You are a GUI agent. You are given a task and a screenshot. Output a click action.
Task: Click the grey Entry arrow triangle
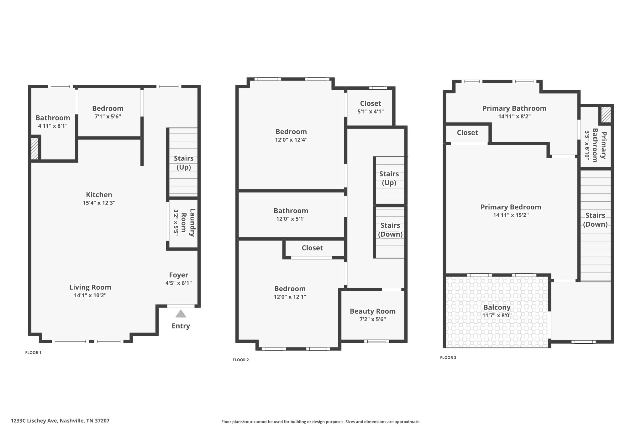(181, 314)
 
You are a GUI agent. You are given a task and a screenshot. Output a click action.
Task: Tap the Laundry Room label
(188, 223)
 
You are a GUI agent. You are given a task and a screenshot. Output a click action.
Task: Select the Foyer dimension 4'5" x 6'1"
(178, 283)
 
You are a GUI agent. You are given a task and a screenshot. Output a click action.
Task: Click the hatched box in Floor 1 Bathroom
(34, 149)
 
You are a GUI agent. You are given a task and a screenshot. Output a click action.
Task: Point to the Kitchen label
(99, 195)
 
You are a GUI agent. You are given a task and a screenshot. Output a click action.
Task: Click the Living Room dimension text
(90, 295)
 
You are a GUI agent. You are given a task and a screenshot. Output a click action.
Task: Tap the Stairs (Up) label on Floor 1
(184, 162)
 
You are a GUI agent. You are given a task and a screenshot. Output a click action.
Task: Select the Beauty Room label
(373, 311)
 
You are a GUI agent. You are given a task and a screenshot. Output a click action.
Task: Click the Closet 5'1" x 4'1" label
(371, 103)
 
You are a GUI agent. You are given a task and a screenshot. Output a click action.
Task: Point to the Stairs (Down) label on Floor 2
(390, 230)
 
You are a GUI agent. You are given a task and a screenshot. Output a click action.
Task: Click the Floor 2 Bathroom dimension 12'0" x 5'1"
(291, 219)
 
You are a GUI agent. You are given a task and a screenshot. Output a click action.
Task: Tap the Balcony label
(497, 308)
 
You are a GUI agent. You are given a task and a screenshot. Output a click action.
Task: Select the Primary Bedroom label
(511, 207)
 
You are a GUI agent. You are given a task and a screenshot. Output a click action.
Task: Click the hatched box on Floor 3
(606, 115)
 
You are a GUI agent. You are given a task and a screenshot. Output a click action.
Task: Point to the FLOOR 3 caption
(448, 357)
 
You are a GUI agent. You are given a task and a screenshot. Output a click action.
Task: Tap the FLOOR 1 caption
(33, 352)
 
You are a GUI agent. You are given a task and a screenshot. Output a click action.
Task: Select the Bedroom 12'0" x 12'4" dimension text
(291, 140)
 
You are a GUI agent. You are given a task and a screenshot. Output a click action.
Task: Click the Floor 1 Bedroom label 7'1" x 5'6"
(108, 108)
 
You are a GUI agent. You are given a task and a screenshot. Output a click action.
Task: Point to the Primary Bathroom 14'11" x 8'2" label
(514, 108)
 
